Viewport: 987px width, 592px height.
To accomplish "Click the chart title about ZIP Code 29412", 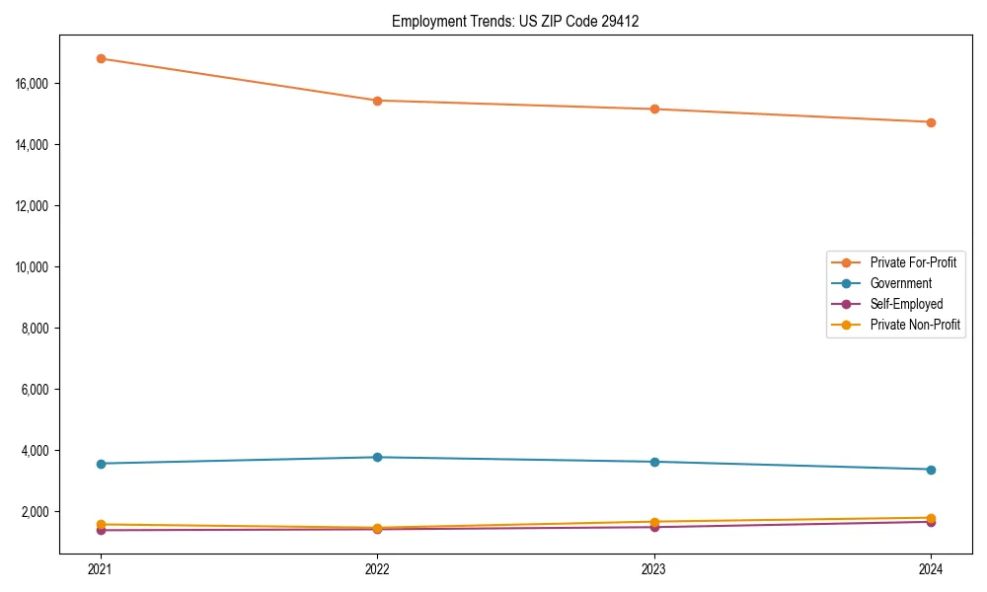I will [515, 21].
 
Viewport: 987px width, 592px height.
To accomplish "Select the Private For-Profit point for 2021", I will [101, 58].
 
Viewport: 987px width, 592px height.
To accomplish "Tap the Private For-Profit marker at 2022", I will [377, 101].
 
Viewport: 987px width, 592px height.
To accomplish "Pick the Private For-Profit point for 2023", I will [654, 109].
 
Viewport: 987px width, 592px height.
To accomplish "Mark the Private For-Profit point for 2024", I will [931, 122].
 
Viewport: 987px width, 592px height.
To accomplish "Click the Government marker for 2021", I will [101, 464].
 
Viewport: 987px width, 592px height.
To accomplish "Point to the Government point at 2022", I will [377, 457].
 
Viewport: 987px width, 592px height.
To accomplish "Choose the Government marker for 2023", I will [654, 462].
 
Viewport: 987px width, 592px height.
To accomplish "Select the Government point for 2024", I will [931, 470].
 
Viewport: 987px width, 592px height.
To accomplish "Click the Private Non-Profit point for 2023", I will [654, 521].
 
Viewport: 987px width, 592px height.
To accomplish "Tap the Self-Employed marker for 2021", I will [101, 531].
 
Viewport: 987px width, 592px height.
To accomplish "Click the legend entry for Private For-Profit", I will [912, 262].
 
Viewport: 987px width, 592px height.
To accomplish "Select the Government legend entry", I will [900, 283].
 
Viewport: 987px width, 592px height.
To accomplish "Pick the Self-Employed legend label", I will [906, 304].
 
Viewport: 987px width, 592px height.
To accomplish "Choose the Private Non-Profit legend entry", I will [915, 325].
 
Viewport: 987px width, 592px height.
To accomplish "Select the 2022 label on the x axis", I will [377, 569].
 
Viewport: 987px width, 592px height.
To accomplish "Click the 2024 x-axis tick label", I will [931, 569].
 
